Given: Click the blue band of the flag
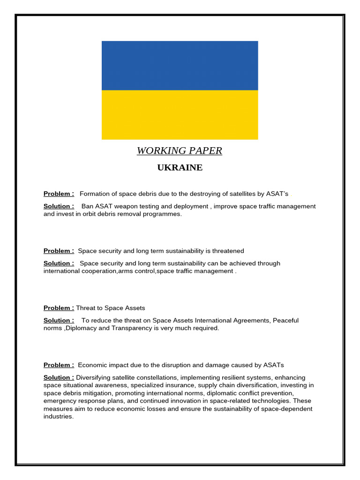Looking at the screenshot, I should pos(180,65).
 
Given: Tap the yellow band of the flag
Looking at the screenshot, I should pos(180,115).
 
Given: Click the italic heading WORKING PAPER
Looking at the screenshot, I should pos(180,151).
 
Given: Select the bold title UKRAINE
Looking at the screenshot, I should pos(180,168).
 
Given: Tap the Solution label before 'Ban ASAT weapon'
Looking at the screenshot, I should pos(59,206).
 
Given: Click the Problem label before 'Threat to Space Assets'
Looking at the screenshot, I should pos(59,308).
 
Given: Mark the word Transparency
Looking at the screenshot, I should pos(143,328).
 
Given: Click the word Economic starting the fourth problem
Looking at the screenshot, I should pos(92,365).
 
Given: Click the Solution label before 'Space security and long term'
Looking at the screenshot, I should pos(59,263).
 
